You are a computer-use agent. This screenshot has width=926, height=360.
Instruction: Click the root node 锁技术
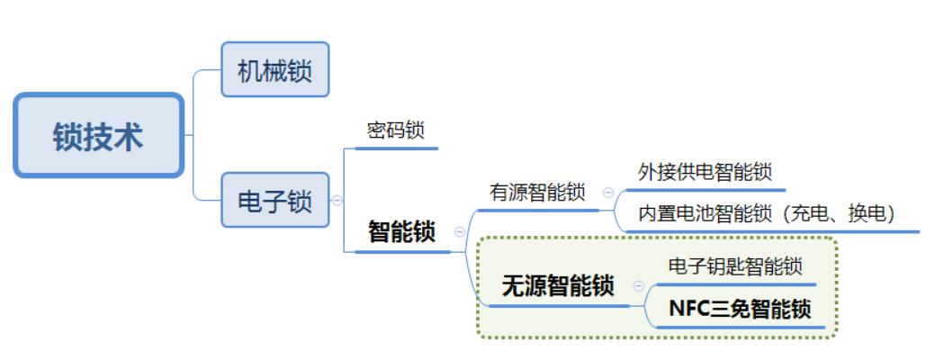(x=98, y=135)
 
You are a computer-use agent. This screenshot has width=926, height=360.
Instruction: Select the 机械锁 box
(x=275, y=69)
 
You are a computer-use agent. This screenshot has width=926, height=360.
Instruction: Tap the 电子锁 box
(x=275, y=200)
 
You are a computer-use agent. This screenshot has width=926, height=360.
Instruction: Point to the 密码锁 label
(x=395, y=130)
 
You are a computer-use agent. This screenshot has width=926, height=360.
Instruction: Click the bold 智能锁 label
(x=401, y=232)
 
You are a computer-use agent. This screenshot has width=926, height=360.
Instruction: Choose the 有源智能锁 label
(x=537, y=193)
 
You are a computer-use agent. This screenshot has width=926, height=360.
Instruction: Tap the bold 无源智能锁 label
(x=558, y=287)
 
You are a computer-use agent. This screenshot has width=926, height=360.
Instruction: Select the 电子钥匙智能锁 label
(x=735, y=266)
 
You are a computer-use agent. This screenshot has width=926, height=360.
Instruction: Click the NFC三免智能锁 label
(x=741, y=310)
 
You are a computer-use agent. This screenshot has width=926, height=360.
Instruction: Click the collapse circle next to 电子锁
(x=337, y=201)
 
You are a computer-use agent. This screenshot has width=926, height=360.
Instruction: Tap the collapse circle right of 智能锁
(x=460, y=231)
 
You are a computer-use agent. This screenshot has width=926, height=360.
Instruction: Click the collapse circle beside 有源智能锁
(x=607, y=192)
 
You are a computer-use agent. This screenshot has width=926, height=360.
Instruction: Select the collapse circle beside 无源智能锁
(x=639, y=286)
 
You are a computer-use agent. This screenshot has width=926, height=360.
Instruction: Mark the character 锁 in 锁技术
(x=68, y=136)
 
